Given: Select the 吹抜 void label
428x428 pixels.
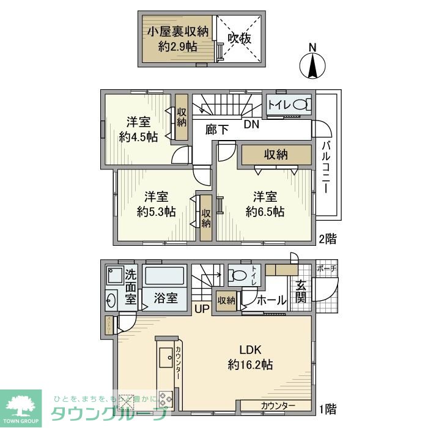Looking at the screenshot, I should coord(240,38).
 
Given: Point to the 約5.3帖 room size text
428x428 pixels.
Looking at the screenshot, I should coord(157,212).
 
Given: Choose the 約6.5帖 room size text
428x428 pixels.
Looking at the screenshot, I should coord(265,212).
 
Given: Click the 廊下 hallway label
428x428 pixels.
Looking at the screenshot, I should coord(217,129).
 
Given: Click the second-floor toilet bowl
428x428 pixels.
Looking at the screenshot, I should coord(298,105).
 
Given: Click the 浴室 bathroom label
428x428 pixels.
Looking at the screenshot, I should coord(165,298).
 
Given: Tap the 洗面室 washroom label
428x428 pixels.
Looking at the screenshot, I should coord(130,286).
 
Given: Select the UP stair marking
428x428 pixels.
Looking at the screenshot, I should coord(201,309).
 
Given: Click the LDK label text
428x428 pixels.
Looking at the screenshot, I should coord(250,350).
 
